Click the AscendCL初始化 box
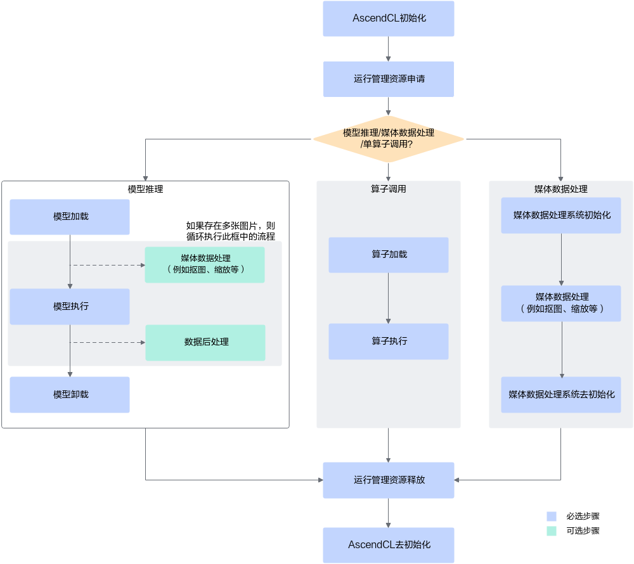[388, 18]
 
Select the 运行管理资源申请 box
[388, 79]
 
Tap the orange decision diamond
[388, 139]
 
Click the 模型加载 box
[70, 217]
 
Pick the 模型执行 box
[70, 307]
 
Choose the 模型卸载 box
[70, 395]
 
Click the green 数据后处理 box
[205, 342]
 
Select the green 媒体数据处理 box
[205, 264]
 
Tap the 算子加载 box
[388, 255]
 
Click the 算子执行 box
[388, 342]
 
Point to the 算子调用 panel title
[388, 189]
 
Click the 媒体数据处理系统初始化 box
[561, 215]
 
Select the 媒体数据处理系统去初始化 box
[561, 395]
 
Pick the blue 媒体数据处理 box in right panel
[561, 303]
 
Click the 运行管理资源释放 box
[388, 480]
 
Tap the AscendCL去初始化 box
[388, 545]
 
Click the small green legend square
[551, 531]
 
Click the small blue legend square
[551, 516]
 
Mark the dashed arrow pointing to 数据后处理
[108, 342]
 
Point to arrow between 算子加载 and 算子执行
[388, 298]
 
